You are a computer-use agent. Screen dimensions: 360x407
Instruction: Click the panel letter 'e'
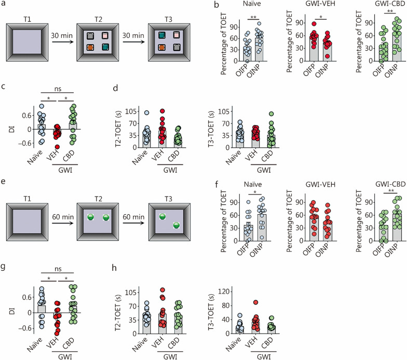click(4, 183)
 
